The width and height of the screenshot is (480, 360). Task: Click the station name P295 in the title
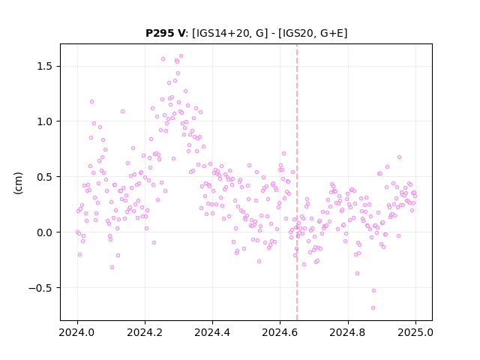(160, 33)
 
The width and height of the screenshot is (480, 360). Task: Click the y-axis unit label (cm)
(18, 183)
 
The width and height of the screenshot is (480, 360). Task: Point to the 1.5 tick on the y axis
(46, 67)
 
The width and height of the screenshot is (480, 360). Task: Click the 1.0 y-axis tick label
(46, 121)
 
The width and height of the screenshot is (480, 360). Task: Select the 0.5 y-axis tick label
(46, 177)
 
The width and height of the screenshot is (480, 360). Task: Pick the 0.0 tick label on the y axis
(46, 232)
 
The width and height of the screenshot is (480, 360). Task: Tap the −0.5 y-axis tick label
(42, 288)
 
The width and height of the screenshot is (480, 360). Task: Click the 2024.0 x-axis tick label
(77, 332)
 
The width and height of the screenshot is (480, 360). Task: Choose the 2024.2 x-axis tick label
(145, 332)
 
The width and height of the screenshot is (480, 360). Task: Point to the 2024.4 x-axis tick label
(212, 332)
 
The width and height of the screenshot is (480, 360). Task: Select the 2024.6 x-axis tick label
(280, 332)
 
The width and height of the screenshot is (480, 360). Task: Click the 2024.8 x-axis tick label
(348, 332)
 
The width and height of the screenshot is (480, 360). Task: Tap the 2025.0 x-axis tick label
(415, 332)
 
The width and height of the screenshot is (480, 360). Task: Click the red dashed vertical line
(297, 182)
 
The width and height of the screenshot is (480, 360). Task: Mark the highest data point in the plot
(181, 55)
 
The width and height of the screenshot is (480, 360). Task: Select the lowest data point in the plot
(373, 307)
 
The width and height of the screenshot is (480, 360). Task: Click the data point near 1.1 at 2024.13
(122, 111)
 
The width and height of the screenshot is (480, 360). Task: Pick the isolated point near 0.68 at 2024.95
(399, 157)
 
